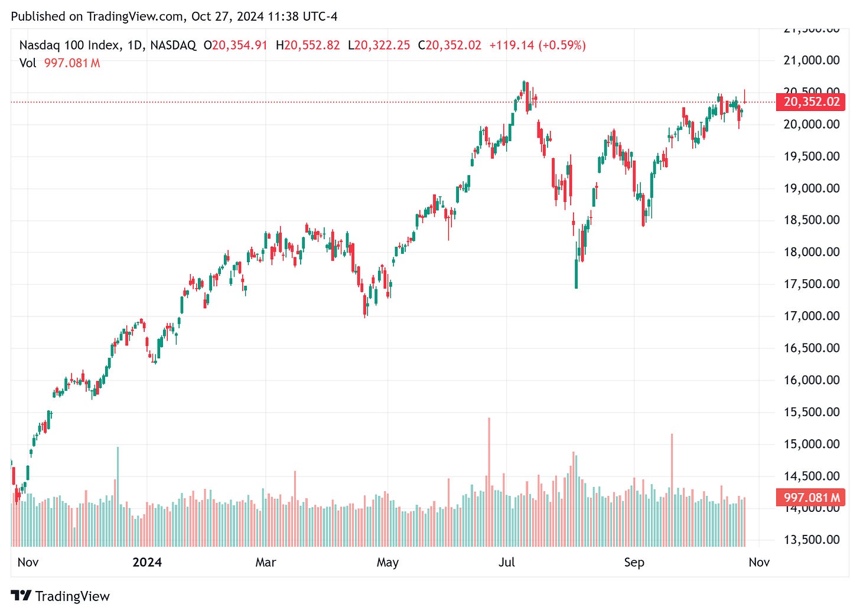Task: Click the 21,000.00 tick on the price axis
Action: pyautogui.click(x=811, y=60)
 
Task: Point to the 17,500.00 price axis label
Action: pyautogui.click(x=811, y=284)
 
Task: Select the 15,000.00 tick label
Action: pyautogui.click(x=811, y=444)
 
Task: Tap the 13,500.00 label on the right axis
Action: pyautogui.click(x=811, y=540)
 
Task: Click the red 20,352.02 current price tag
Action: pyautogui.click(x=811, y=102)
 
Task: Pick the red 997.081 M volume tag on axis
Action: pyautogui.click(x=811, y=498)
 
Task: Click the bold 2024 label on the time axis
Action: pyautogui.click(x=147, y=562)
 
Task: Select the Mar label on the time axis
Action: pyautogui.click(x=265, y=562)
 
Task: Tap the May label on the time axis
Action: pyautogui.click(x=387, y=562)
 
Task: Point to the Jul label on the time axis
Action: pyautogui.click(x=506, y=562)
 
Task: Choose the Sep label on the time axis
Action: pyautogui.click(x=634, y=562)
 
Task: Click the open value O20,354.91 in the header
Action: pyautogui.click(x=235, y=45)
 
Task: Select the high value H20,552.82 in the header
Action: pyautogui.click(x=308, y=45)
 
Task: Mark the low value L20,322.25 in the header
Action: pyautogui.click(x=379, y=45)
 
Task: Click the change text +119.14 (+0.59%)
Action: pyautogui.click(x=537, y=45)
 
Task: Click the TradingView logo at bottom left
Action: pyautogui.click(x=60, y=596)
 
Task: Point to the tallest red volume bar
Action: pyautogui.click(x=489, y=481)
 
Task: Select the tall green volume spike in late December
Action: pyautogui.click(x=118, y=496)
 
